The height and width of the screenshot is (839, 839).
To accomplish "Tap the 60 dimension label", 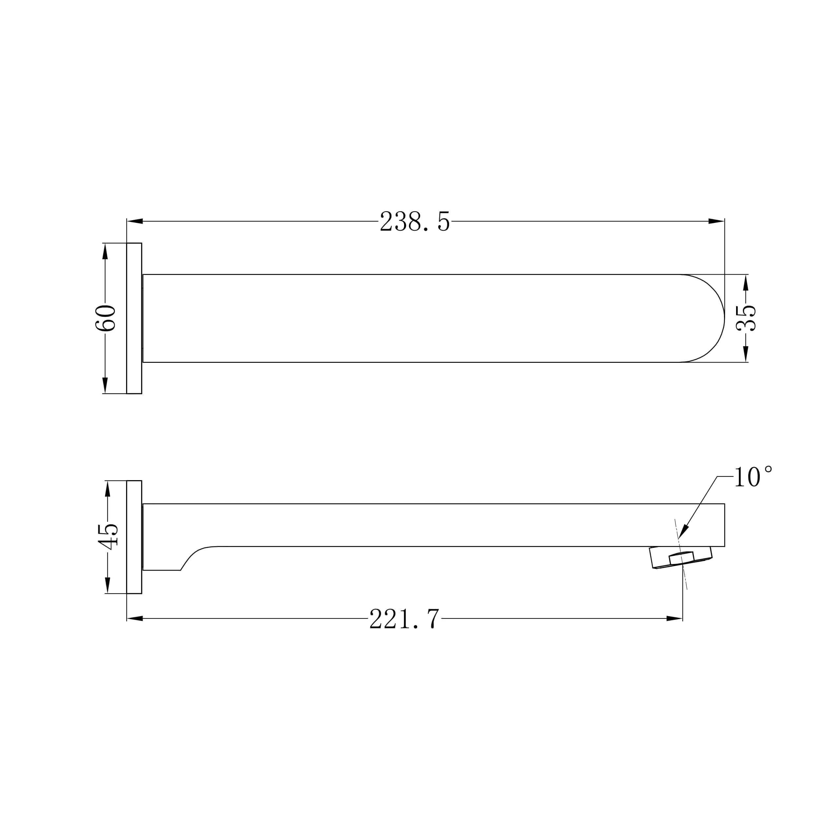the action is (106, 318).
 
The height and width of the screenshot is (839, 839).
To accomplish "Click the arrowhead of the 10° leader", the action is (683, 532).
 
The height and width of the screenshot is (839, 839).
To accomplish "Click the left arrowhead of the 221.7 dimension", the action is (135, 618).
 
